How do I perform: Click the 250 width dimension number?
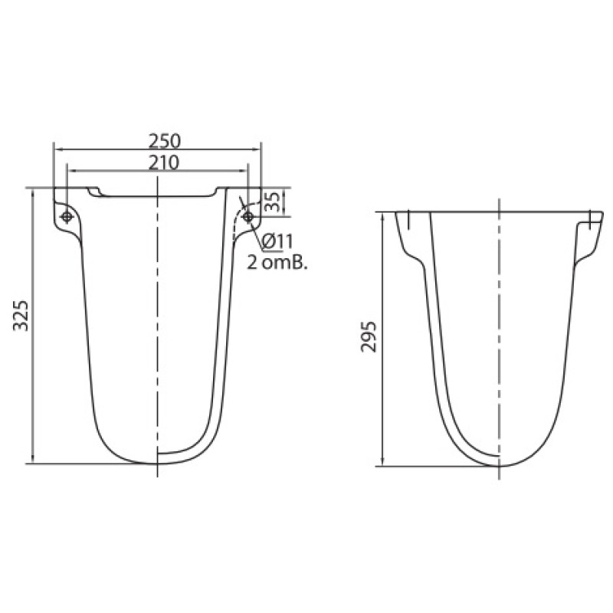[x=164, y=141]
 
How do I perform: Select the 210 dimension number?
[x=163, y=162]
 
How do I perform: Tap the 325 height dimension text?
[x=21, y=316]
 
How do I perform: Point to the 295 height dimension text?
[x=369, y=337]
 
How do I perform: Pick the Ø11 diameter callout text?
[x=277, y=241]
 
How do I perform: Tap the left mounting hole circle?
[x=67, y=217]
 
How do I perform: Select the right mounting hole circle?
[x=247, y=217]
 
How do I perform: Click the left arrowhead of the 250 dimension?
[x=57, y=149]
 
